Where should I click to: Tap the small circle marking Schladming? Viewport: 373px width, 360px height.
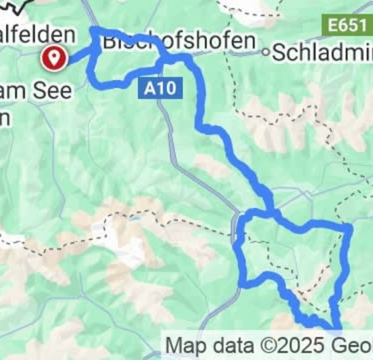(x=266, y=51)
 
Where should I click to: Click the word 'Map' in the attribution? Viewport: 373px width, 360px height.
(x=183, y=346)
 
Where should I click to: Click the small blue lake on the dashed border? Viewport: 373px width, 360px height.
(x=135, y=219)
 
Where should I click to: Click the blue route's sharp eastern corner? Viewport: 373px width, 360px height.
(x=349, y=229)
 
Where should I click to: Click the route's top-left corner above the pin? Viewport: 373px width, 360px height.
(x=93, y=31)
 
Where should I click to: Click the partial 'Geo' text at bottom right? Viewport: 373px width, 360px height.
(x=354, y=346)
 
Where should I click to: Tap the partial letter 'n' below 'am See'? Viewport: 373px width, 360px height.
(x=5, y=116)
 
